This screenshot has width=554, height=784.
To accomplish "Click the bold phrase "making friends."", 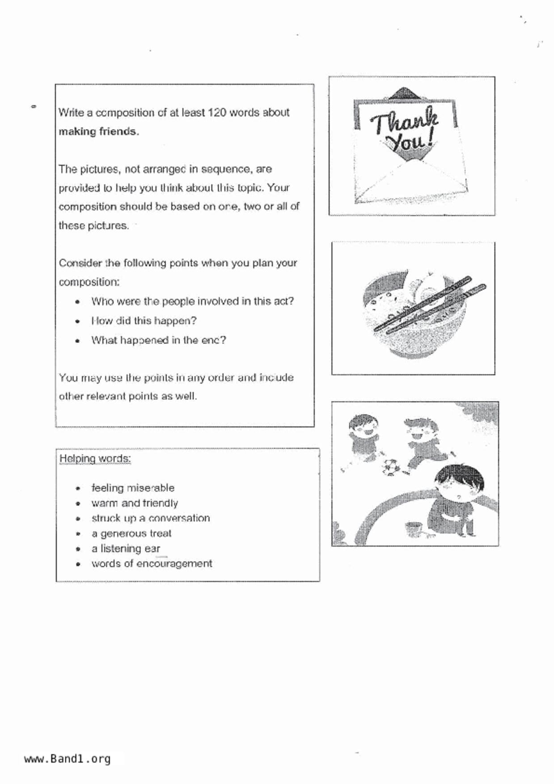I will (99, 131).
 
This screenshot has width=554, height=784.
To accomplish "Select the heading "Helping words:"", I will (95, 459).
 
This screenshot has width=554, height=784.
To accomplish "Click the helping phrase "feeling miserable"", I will (133, 488).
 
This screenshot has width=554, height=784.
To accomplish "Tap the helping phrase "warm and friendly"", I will (135, 503).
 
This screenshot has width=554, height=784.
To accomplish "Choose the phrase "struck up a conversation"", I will (151, 518).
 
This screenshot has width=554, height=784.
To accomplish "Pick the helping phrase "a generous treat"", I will (131, 533).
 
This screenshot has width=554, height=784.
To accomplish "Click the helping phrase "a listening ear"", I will (126, 548).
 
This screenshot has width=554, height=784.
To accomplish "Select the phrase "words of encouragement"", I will (152, 564).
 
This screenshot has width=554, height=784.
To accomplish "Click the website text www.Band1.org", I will (67, 759).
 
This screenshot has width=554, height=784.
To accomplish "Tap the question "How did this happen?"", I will (144, 321).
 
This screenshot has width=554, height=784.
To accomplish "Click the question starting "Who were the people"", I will (192, 301).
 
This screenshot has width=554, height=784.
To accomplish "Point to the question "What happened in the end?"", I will (158, 340).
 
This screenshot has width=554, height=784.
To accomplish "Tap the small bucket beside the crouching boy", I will (414, 528).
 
